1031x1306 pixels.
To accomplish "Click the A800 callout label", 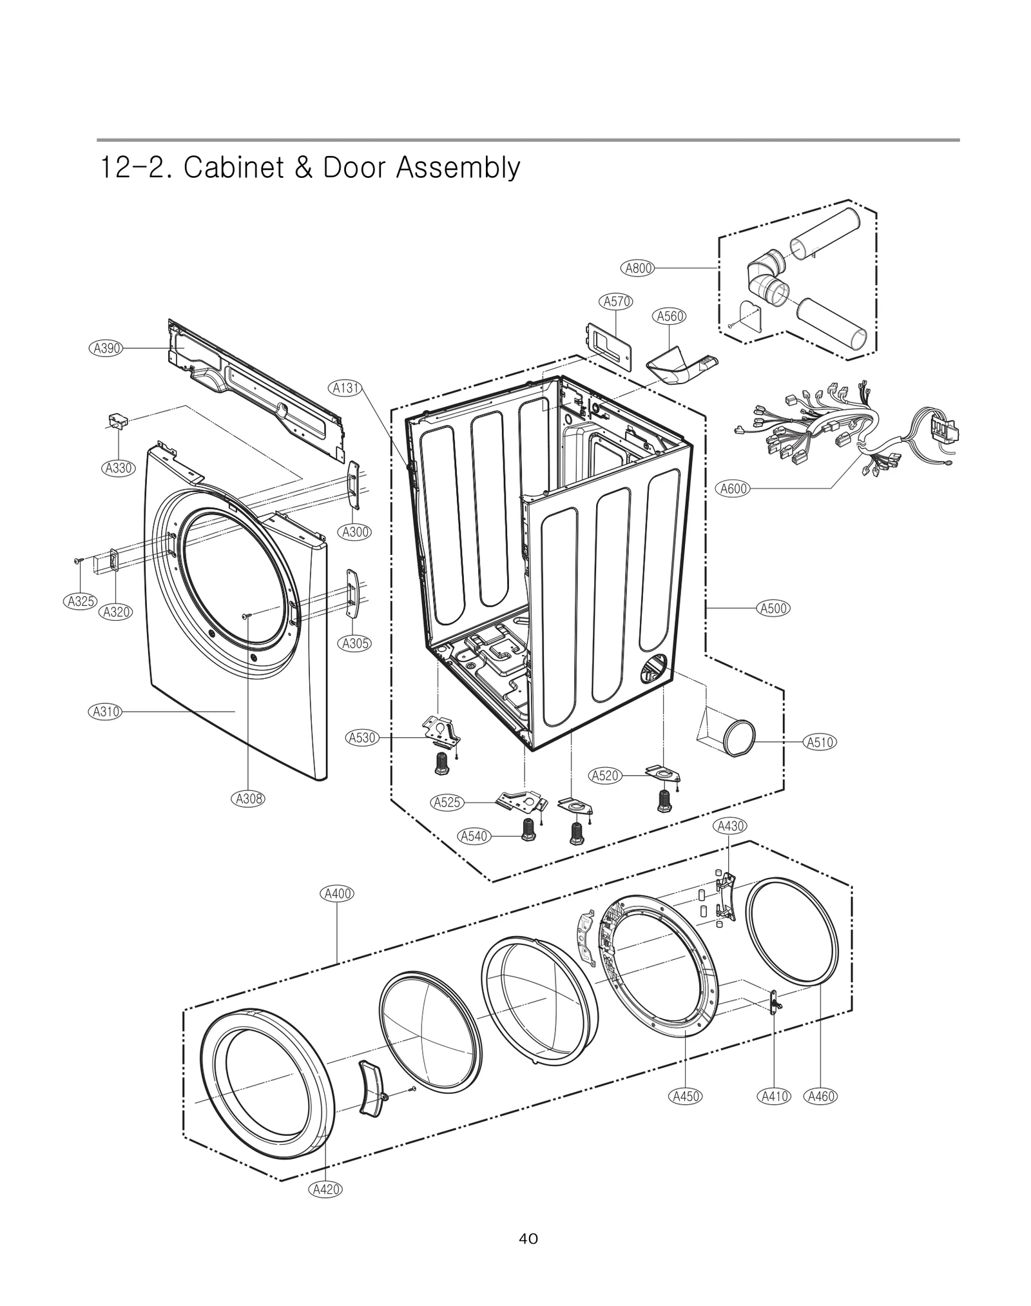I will point(638,268).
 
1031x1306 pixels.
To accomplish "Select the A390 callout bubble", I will point(105,348).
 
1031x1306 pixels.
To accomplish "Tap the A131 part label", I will point(346,388).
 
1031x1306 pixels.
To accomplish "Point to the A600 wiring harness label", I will point(733,489).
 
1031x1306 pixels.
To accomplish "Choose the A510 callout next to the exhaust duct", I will point(820,742).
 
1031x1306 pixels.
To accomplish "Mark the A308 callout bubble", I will point(248,799).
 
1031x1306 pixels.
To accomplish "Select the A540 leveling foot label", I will point(474,836).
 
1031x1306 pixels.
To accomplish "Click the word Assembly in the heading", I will point(458,168).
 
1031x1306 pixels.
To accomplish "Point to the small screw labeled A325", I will point(78,561).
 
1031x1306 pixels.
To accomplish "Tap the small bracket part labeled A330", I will point(117,422).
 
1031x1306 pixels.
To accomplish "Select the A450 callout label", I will point(686,1096).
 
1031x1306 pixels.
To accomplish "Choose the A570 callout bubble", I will point(617,301).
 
